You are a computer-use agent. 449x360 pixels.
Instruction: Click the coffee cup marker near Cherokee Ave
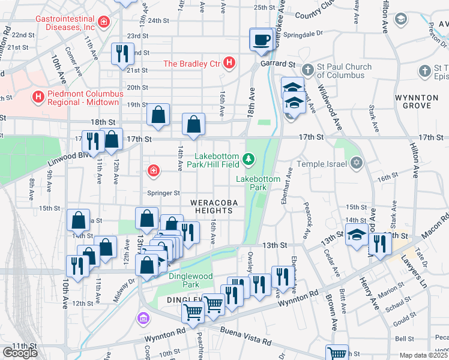(261, 40)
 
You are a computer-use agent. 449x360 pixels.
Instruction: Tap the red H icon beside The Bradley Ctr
(229, 62)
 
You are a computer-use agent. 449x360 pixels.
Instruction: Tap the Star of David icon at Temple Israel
(356, 162)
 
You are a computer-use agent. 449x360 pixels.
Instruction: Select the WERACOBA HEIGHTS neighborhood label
(211, 206)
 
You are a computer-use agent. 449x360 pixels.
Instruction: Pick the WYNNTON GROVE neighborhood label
(413, 101)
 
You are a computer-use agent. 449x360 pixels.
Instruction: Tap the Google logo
(20, 353)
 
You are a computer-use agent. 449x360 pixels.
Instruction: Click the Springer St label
(164, 193)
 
